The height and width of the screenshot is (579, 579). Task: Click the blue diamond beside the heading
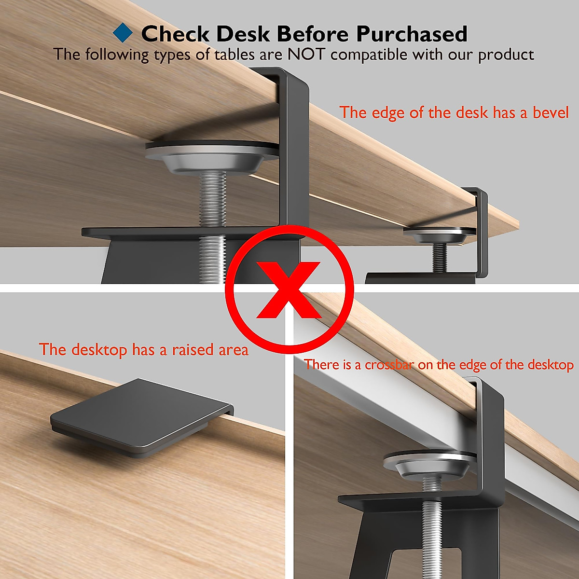pyautogui.click(x=123, y=33)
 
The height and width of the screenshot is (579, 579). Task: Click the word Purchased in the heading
pyautogui.click(x=412, y=34)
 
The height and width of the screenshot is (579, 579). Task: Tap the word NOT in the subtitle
pyautogui.click(x=307, y=54)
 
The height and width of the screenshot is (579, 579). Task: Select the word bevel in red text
pyautogui.click(x=551, y=112)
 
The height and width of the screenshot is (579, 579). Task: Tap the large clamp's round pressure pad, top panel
pyautogui.click(x=212, y=154)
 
